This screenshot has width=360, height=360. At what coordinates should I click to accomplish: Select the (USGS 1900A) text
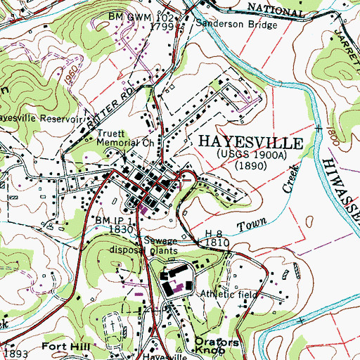(x=251, y=154)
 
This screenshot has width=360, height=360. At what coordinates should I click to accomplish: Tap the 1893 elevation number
(x=15, y=353)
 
